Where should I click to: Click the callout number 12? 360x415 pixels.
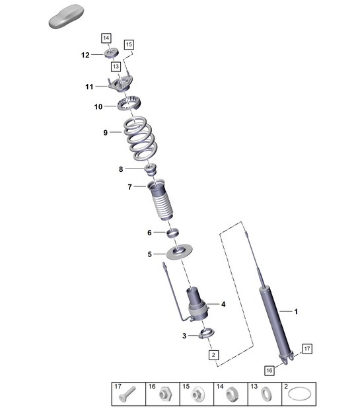pos(85,56)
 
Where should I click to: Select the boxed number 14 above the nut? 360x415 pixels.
pos(106,38)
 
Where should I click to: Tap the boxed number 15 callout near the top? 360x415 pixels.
pos(129,45)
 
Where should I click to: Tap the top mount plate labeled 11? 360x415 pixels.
pos(121,85)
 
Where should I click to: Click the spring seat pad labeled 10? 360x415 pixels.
pos(130,104)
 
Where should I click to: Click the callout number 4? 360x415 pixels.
pos(224,304)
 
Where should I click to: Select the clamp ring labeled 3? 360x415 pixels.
pos(205,335)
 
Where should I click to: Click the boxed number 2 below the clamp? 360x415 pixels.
pos(213,355)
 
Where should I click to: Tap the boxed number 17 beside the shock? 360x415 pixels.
pos(306,348)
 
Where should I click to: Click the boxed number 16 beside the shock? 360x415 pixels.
pos(270,370)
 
